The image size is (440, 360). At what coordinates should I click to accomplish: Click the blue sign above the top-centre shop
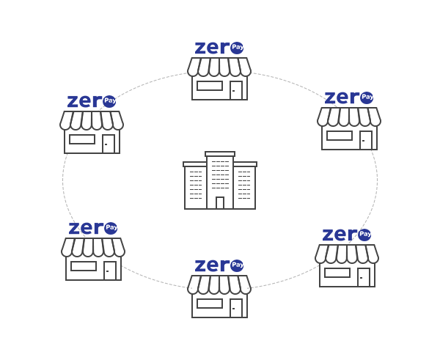219,48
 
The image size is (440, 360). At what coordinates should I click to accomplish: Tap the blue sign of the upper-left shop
91,101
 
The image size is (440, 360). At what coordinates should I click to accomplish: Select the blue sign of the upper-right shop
348,98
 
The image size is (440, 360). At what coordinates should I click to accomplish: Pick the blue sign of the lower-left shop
92,228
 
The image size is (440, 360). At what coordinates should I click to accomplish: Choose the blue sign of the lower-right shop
346,235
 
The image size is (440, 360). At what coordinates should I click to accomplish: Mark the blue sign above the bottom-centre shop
219,265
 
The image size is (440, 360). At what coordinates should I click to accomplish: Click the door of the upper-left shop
108,144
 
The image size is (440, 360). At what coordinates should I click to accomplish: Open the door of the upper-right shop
365,140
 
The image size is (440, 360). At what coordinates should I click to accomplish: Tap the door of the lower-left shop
109,268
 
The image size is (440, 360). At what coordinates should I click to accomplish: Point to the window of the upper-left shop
82,139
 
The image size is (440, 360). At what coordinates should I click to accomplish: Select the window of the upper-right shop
339,136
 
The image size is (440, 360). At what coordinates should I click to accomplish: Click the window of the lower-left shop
83,266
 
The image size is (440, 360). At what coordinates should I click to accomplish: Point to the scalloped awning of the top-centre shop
219,70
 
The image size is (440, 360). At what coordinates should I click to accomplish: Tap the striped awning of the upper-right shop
348,117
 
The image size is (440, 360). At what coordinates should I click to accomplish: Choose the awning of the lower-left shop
93,247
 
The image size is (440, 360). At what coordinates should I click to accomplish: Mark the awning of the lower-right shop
346,254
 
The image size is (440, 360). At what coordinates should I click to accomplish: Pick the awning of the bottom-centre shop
219,288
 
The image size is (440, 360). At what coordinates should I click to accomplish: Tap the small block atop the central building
219,154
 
